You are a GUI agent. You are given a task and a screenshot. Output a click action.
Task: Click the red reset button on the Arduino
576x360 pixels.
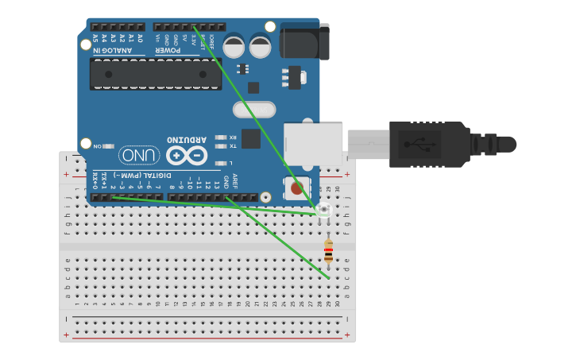(297, 188)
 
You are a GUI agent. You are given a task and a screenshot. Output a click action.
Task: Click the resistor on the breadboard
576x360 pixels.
(329, 254)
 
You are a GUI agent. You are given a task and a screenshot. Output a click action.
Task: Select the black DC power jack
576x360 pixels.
(304, 41)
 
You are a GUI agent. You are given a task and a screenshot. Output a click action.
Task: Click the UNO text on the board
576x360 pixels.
(138, 154)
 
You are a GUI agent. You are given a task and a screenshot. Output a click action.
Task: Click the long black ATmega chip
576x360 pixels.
(155, 74)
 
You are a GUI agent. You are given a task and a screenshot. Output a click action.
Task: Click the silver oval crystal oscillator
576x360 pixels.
(253, 109)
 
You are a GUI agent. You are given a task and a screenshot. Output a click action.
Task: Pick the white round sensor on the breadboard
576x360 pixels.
(323, 211)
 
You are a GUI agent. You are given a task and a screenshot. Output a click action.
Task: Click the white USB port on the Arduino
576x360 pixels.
(313, 143)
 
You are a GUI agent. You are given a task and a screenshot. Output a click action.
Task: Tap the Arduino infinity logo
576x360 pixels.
(187, 155)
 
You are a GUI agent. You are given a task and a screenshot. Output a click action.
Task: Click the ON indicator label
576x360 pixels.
(98, 146)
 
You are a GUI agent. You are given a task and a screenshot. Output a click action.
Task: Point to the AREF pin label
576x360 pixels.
(235, 180)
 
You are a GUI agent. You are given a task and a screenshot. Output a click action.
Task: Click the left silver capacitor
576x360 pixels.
(234, 45)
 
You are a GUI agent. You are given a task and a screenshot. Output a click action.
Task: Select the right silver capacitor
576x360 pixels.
(261, 45)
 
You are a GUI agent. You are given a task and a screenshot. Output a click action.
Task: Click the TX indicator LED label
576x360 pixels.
(233, 146)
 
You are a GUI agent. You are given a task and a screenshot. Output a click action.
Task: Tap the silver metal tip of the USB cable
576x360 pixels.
(367, 145)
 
